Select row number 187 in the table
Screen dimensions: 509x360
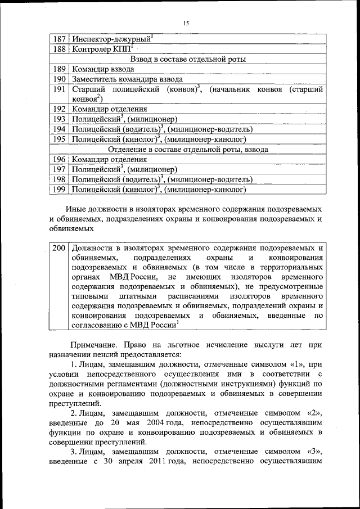[59, 39]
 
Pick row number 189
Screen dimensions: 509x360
[59, 69]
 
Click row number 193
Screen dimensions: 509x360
[59, 119]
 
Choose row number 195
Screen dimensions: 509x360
[59, 139]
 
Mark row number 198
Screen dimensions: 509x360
[59, 179]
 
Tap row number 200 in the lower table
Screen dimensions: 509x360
[59, 248]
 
